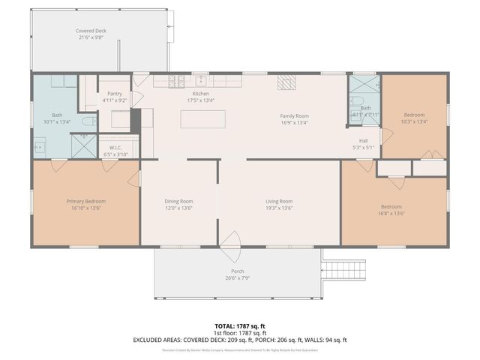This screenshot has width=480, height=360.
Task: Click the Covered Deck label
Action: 90,31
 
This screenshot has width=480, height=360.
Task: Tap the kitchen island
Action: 202,119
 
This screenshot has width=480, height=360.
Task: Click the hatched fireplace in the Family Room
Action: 286,82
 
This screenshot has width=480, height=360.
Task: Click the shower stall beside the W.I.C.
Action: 85,144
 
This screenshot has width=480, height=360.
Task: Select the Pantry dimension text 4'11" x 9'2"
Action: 114,100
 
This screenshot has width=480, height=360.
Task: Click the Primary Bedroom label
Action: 85,201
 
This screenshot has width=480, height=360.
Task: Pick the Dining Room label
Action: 178,201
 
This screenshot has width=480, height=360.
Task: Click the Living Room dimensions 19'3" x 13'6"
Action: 278,208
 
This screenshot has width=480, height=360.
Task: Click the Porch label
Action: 237,271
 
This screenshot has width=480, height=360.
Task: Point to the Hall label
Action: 363,140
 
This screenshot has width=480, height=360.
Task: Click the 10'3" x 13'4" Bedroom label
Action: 414,115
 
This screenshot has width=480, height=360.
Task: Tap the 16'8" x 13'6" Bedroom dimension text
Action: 391,213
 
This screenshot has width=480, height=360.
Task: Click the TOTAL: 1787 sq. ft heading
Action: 240,325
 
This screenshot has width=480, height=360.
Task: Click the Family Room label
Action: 294,115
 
